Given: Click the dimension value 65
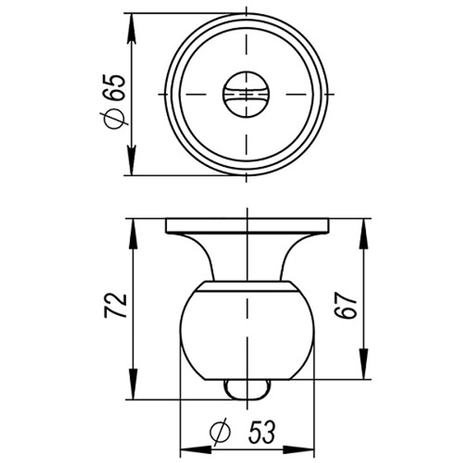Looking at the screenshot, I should coord(116,87).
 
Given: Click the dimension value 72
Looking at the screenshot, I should coord(115,306).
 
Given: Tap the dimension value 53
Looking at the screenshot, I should coord(262,432).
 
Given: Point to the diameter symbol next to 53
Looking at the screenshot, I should coord(219,432).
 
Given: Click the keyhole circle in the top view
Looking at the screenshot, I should coord(246,94).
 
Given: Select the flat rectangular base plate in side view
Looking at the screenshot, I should coord(247,225).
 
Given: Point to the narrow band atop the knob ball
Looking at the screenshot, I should coord(247,286).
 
